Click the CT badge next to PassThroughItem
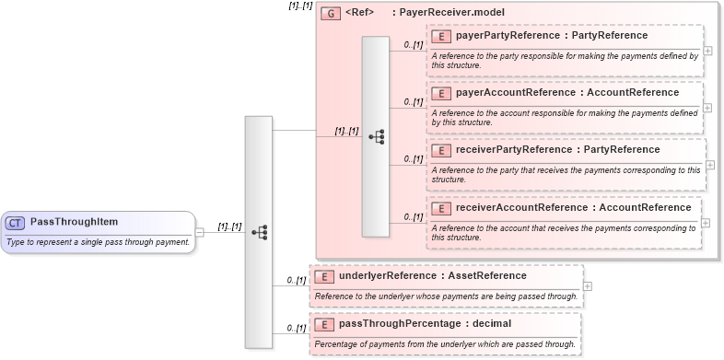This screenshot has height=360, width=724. [x=15, y=222]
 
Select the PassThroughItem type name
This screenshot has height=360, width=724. [x=74, y=222]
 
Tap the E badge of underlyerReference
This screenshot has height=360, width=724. [x=322, y=275]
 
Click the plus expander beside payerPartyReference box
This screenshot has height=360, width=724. [x=707, y=50]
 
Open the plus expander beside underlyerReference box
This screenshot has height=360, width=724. [x=588, y=285]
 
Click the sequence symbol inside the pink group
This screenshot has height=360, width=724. [x=376, y=136]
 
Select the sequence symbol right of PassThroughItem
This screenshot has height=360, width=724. [x=259, y=232]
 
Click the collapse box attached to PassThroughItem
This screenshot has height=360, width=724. [x=200, y=232]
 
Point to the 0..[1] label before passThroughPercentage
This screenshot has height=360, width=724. [x=296, y=328]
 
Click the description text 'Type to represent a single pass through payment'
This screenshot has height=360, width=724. [x=98, y=242]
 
